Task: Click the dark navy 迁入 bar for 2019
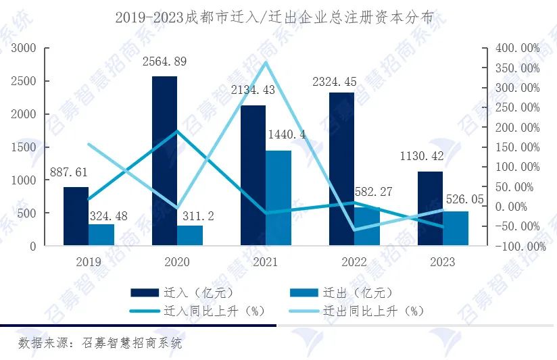[x=76, y=216]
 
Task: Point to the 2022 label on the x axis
[x=354, y=262]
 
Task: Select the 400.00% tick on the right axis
[x=517, y=48]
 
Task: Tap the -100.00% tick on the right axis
[x=520, y=247]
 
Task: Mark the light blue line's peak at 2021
[x=266, y=62]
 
